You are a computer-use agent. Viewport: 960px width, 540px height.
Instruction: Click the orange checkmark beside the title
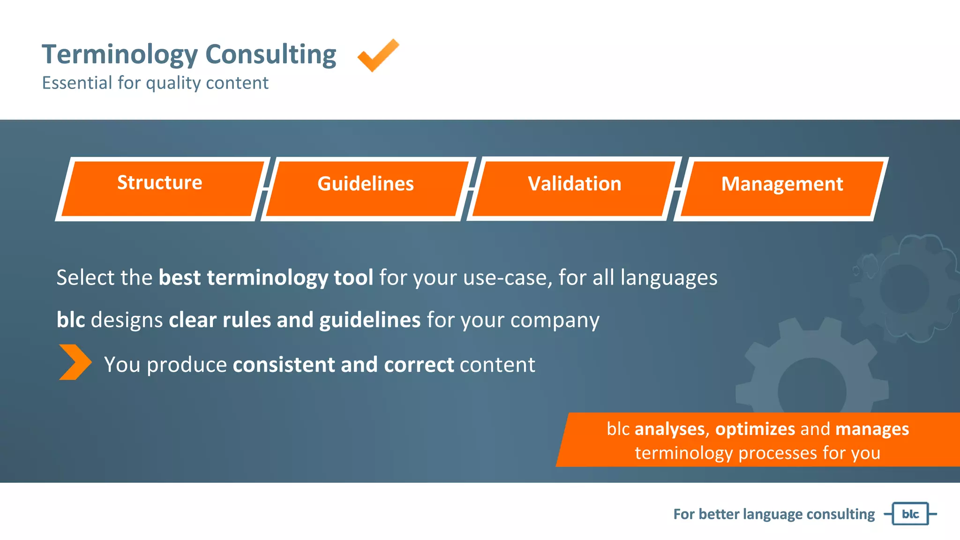[378, 56]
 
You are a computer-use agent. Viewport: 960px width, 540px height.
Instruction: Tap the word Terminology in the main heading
[120, 55]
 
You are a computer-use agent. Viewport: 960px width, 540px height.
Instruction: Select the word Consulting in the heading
[270, 55]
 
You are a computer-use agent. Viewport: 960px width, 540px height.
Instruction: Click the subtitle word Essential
[77, 83]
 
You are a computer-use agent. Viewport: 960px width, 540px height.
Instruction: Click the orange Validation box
[574, 188]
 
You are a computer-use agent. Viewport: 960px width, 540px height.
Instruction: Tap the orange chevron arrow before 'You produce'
[75, 362]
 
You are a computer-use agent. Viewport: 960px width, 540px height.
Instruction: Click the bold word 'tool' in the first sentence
[353, 277]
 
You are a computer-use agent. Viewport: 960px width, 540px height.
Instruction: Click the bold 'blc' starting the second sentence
[71, 320]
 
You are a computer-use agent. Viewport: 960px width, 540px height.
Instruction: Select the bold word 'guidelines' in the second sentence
[370, 320]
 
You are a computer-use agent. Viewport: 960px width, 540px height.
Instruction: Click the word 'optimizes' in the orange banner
[755, 429]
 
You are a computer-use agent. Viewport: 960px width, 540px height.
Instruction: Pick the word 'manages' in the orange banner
[872, 429]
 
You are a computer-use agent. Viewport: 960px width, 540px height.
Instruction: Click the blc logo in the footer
[910, 514]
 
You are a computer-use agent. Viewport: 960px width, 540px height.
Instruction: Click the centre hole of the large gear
[812, 390]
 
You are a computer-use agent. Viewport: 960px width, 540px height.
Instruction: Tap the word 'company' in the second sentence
[555, 320]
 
